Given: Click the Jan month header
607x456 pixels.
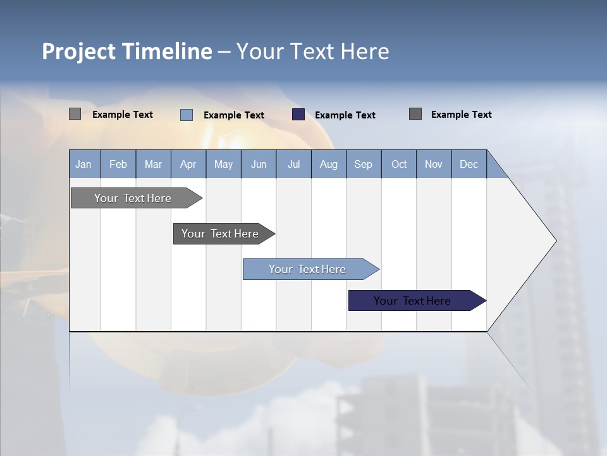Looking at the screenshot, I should click(83, 164).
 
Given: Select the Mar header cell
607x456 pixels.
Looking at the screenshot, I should click(153, 164).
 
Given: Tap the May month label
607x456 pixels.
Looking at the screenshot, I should click(223, 164).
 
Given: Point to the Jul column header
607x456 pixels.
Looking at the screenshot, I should click(293, 164).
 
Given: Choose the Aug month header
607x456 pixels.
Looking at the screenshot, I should click(328, 164).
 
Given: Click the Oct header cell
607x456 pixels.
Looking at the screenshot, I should click(399, 164).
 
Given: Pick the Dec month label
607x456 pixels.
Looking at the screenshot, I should click(469, 164).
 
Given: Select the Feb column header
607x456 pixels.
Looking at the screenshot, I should click(118, 164).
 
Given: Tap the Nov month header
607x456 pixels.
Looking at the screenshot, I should click(433, 164).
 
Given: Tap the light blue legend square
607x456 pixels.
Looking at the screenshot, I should click(187, 115).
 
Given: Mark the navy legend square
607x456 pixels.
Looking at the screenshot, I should click(298, 115).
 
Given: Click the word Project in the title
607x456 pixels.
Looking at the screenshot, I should click(79, 51).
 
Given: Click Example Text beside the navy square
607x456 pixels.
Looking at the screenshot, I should click(345, 115).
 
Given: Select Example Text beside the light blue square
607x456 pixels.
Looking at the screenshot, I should click(233, 115).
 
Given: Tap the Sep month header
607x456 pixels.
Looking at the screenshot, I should click(363, 164).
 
